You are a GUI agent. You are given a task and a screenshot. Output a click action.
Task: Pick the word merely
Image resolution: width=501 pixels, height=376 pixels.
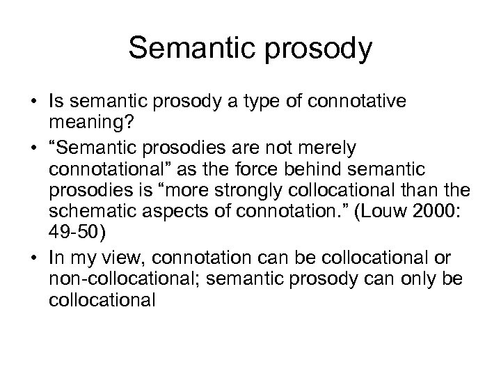pos(327,148)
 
